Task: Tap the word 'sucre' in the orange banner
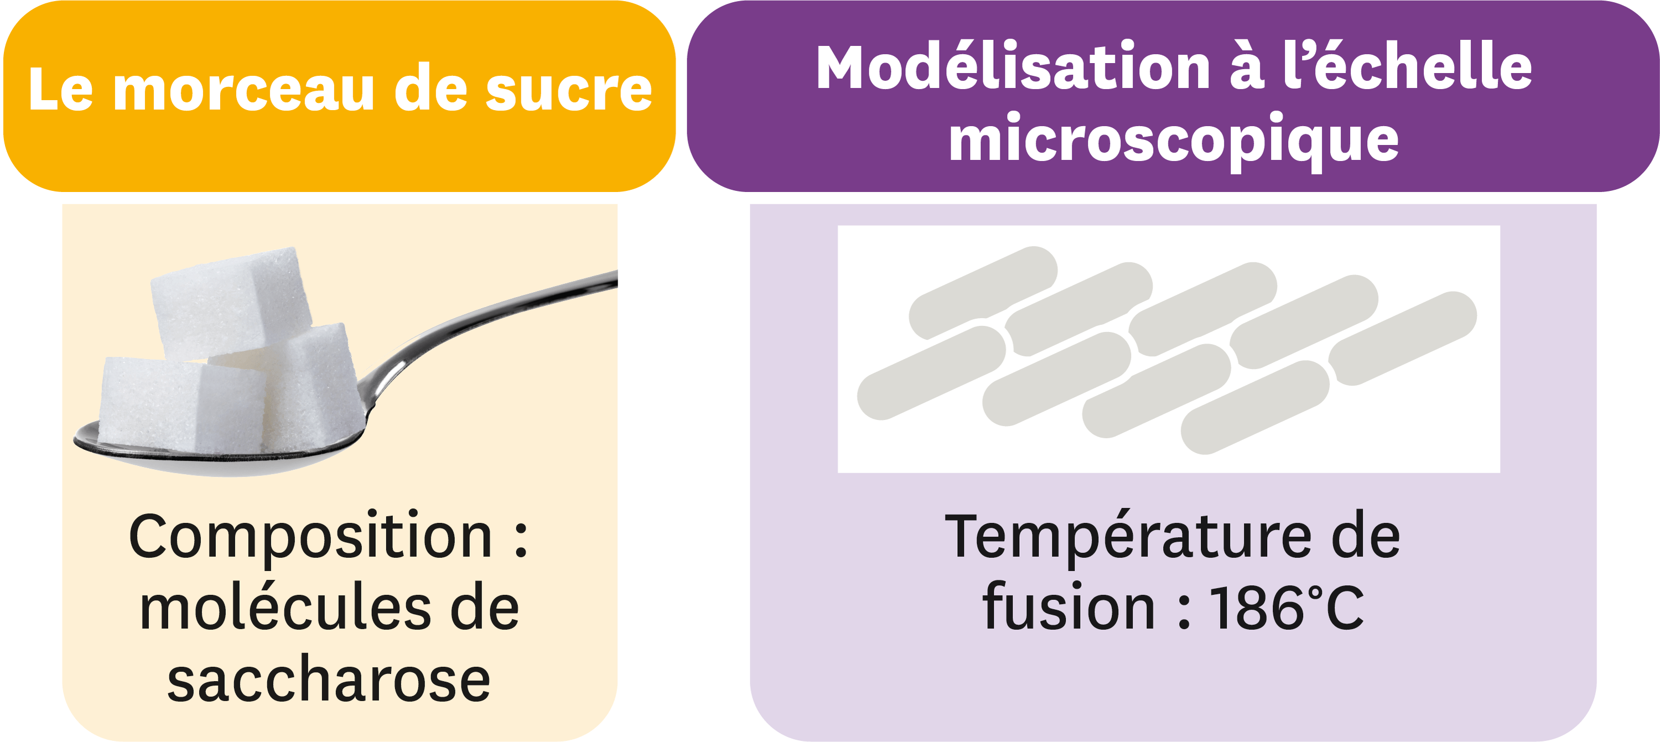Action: [568, 90]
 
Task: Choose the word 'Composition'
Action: [310, 538]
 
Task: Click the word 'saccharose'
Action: [329, 681]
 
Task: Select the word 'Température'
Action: [1128, 538]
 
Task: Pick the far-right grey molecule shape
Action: [1402, 339]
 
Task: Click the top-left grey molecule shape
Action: [983, 293]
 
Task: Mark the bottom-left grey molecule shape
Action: [931, 373]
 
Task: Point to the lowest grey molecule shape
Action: [1254, 407]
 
